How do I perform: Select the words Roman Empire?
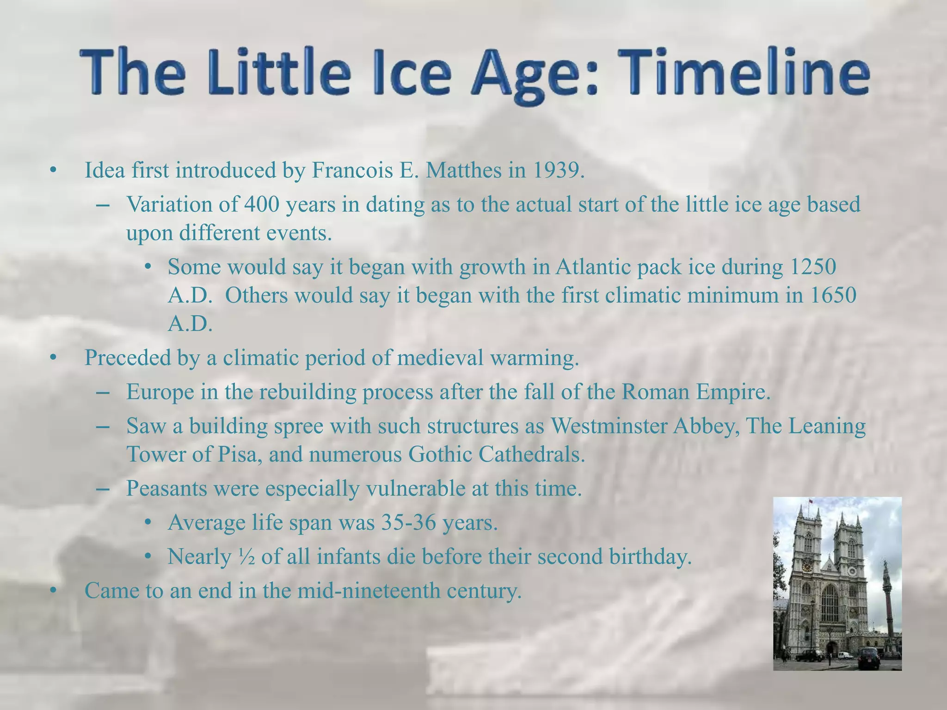click(x=695, y=392)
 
